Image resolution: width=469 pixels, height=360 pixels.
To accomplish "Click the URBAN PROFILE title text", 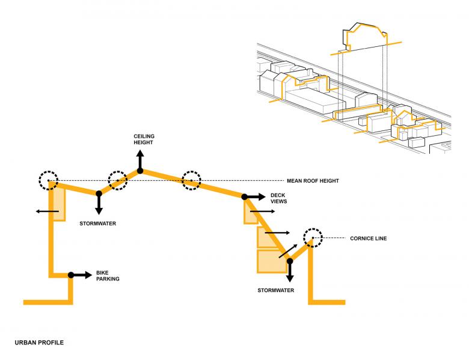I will [x=39, y=343].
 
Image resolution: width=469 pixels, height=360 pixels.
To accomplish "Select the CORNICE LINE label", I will [x=368, y=238].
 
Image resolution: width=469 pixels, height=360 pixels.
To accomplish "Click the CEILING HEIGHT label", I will [x=144, y=140].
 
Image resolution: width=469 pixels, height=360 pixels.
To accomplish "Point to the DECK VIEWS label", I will [x=278, y=198].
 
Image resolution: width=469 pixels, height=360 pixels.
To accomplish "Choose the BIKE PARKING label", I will [x=108, y=276].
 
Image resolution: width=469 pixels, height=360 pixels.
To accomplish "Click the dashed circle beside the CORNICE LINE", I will [x=313, y=237].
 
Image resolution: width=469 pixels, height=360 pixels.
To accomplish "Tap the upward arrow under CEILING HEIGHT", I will [x=139, y=160].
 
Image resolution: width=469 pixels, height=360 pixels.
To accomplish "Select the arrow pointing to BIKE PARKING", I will [x=81, y=275].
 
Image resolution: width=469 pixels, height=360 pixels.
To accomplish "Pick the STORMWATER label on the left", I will [x=97, y=224].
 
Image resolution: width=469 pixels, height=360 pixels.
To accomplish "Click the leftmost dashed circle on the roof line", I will [x=48, y=180].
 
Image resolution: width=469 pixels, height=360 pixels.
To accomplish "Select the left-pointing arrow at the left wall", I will [x=45, y=211].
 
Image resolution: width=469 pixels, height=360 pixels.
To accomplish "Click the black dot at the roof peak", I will [x=139, y=171].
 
